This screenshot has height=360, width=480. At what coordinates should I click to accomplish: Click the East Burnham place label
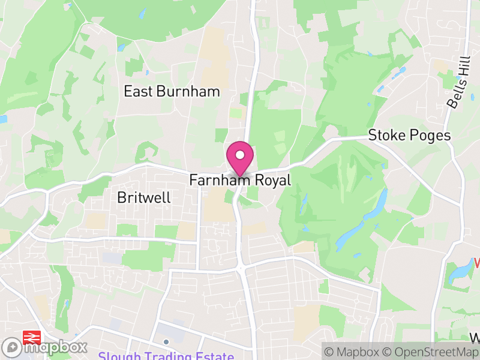172,91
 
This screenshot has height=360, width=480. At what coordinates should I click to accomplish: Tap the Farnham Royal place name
240,180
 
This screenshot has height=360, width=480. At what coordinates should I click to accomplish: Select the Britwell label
144,197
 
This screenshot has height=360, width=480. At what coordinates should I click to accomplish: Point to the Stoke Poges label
409,135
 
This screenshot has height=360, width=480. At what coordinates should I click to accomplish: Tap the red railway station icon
31,338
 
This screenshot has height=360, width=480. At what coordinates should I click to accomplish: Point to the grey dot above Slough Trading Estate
166,342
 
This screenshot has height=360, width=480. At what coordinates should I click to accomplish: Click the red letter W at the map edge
477,263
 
